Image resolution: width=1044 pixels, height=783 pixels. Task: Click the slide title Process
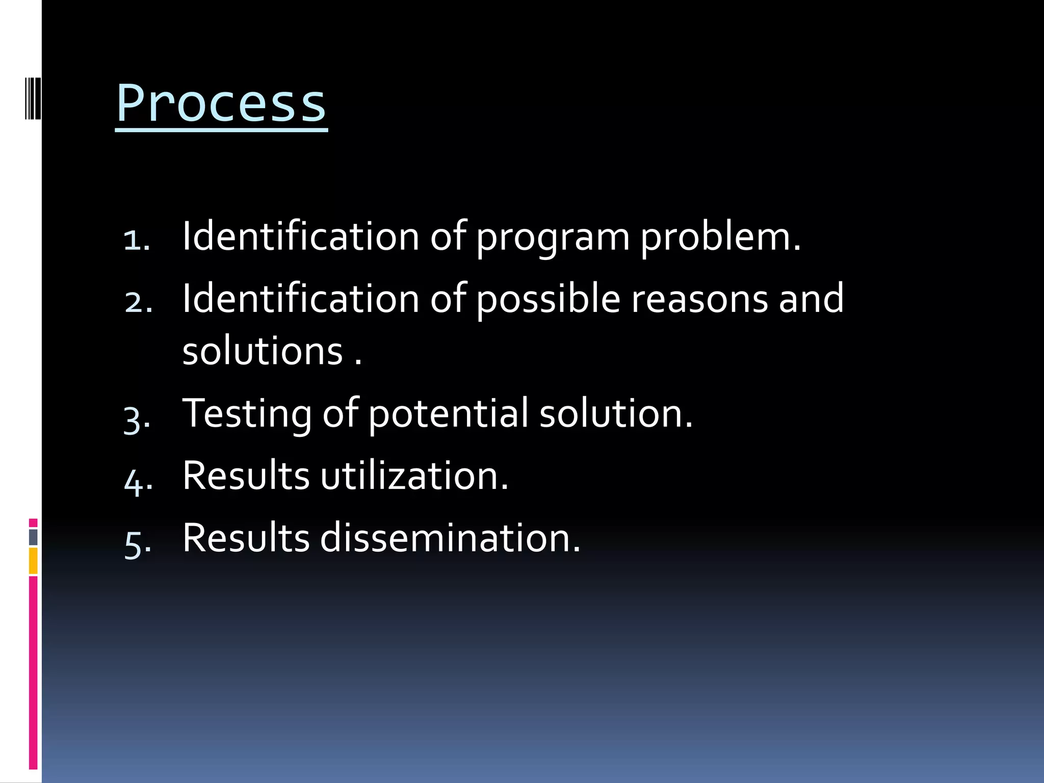click(221, 103)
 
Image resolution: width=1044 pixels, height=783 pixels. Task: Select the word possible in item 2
click(549, 300)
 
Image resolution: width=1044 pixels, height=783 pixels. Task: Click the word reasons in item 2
click(699, 300)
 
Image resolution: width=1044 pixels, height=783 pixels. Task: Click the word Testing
click(247, 414)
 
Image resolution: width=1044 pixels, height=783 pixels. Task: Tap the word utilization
click(414, 476)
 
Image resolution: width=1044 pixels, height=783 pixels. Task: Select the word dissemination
click(450, 538)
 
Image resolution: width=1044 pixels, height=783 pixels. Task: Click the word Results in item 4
click(246, 476)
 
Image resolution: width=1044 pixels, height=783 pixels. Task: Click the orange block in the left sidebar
click(33, 561)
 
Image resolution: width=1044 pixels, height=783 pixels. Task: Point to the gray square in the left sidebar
click(33, 537)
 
